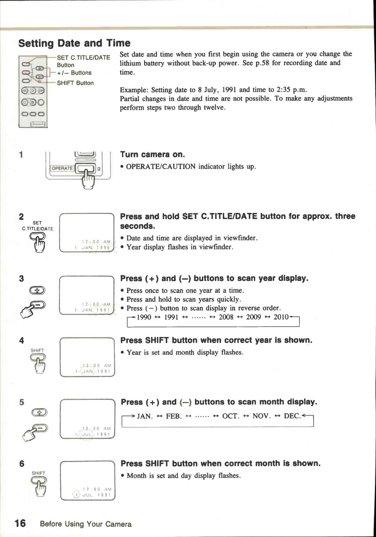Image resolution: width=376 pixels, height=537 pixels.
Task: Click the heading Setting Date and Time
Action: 74,43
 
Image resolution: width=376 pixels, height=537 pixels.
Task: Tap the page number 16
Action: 20,523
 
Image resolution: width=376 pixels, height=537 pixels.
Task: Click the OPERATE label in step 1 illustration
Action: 62,168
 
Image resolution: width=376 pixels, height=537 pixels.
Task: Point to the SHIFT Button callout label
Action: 75,83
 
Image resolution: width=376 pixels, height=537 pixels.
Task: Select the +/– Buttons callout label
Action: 74,73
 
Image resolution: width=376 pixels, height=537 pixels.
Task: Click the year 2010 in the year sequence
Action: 281,317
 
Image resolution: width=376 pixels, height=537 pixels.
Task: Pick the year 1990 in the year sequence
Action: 144,317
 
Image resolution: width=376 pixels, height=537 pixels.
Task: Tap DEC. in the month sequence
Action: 292,416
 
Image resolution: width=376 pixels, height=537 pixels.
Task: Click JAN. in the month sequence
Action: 144,416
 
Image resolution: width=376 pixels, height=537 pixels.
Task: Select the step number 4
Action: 22,340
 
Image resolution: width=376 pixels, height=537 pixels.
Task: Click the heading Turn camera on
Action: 152,154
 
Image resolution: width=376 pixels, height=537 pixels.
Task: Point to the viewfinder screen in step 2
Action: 87,232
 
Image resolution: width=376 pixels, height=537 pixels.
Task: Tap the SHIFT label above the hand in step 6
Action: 38,473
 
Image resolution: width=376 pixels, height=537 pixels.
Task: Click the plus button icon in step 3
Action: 38,290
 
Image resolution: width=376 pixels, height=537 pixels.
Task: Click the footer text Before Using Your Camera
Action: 86,524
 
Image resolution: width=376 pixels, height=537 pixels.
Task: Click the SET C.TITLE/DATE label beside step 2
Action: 38,226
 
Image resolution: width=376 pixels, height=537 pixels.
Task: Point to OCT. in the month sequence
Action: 230,416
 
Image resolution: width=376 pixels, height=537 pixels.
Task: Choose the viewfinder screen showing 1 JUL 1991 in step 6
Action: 87,480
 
